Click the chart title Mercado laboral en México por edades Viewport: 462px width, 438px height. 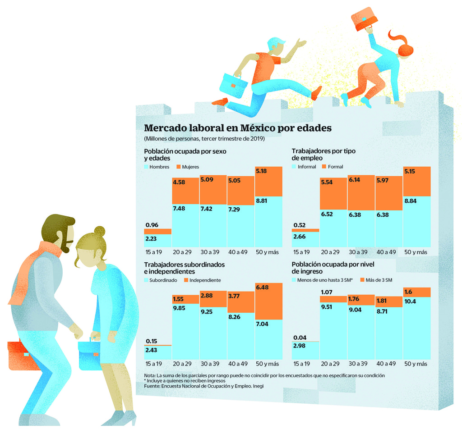237,128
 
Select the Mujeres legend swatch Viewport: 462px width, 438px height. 179,167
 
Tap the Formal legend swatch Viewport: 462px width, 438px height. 324,167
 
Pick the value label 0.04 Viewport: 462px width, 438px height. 300,338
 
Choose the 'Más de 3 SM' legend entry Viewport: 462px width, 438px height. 376,280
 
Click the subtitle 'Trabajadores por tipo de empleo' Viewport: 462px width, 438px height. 323,154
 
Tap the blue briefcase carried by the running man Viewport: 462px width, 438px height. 233,85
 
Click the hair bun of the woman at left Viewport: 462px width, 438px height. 100,232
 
